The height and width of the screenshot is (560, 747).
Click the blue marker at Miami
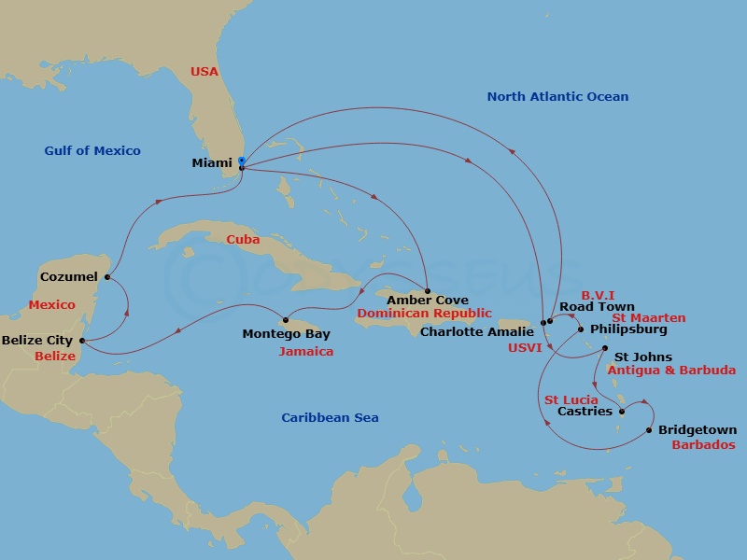coord(241,161)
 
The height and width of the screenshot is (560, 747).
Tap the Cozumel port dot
coord(108,277)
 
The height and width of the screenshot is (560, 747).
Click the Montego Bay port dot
coord(286,321)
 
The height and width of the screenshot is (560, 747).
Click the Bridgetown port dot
coord(648,430)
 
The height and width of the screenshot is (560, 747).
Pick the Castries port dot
coord(622,411)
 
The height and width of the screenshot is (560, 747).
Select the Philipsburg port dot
coord(581,329)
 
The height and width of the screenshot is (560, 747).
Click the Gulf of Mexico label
coord(92,151)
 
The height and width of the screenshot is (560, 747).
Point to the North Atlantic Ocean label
coord(557,97)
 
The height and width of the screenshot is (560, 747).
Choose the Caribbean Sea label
coord(330,418)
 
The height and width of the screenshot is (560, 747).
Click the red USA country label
coord(204,71)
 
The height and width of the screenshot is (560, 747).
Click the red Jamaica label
coord(305,352)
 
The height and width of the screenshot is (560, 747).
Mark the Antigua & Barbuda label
coord(671,371)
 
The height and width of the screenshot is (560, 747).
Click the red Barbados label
coord(703,445)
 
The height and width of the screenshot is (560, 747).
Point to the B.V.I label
coord(598,295)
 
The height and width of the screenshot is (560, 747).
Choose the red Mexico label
coord(51,305)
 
